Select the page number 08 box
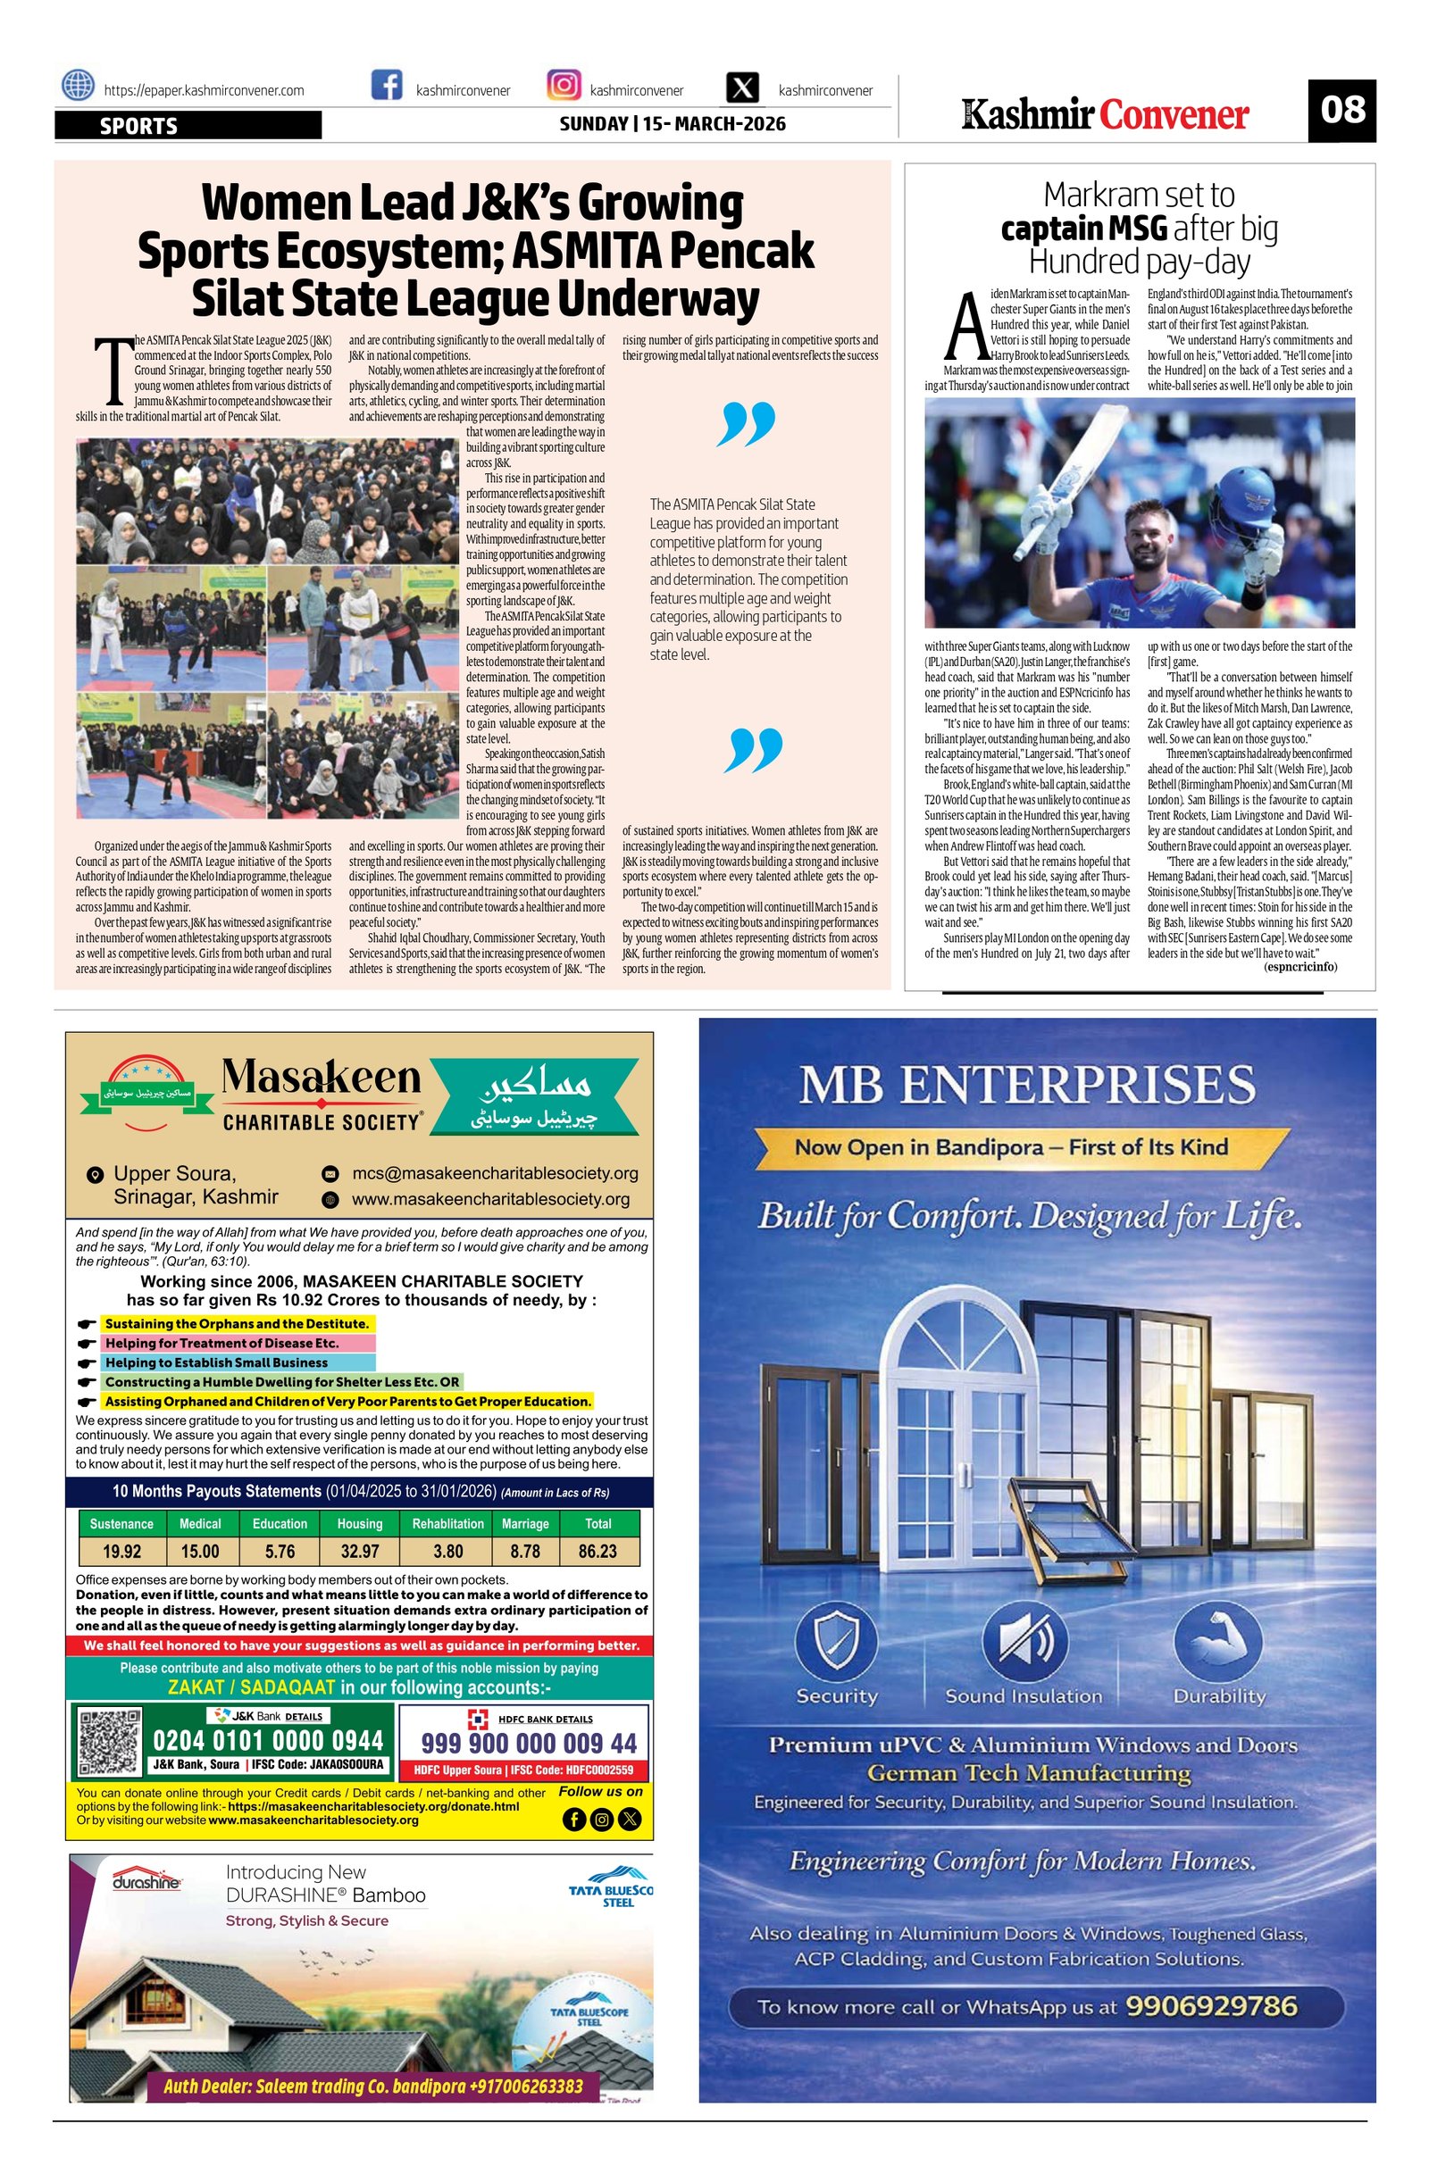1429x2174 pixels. point(1341,111)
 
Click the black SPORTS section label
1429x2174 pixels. point(188,125)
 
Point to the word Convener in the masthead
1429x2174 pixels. point(1174,115)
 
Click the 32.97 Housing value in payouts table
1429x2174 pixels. point(359,1551)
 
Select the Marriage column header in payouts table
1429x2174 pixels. point(524,1524)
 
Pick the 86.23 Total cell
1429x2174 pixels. point(598,1551)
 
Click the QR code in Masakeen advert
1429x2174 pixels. point(109,1742)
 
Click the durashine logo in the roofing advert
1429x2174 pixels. point(146,1882)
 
